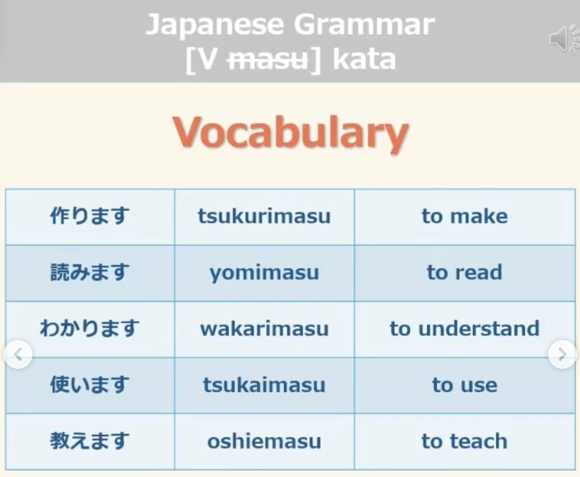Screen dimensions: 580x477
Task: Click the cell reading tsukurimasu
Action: point(264,217)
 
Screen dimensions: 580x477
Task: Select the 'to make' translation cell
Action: point(465,217)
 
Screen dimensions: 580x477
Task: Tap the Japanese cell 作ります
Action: point(90,217)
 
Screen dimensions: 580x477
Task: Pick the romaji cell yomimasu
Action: point(264,273)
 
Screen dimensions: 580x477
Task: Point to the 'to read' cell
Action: point(465,273)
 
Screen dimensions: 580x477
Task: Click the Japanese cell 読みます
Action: point(90,273)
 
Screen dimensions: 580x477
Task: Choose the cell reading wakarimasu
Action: point(264,329)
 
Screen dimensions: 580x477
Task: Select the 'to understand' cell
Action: point(465,329)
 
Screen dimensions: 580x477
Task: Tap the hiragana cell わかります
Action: point(90,329)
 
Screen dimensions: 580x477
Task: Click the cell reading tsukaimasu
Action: point(264,385)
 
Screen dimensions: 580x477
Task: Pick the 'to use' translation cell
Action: point(465,385)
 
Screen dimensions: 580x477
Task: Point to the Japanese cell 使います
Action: point(90,385)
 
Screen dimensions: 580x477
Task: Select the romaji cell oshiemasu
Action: point(264,442)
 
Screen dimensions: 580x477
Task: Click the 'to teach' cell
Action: point(465,442)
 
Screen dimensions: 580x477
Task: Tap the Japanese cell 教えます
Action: point(90,442)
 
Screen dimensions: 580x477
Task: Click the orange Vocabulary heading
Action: point(291,134)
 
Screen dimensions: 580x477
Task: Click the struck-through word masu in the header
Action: point(268,60)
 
